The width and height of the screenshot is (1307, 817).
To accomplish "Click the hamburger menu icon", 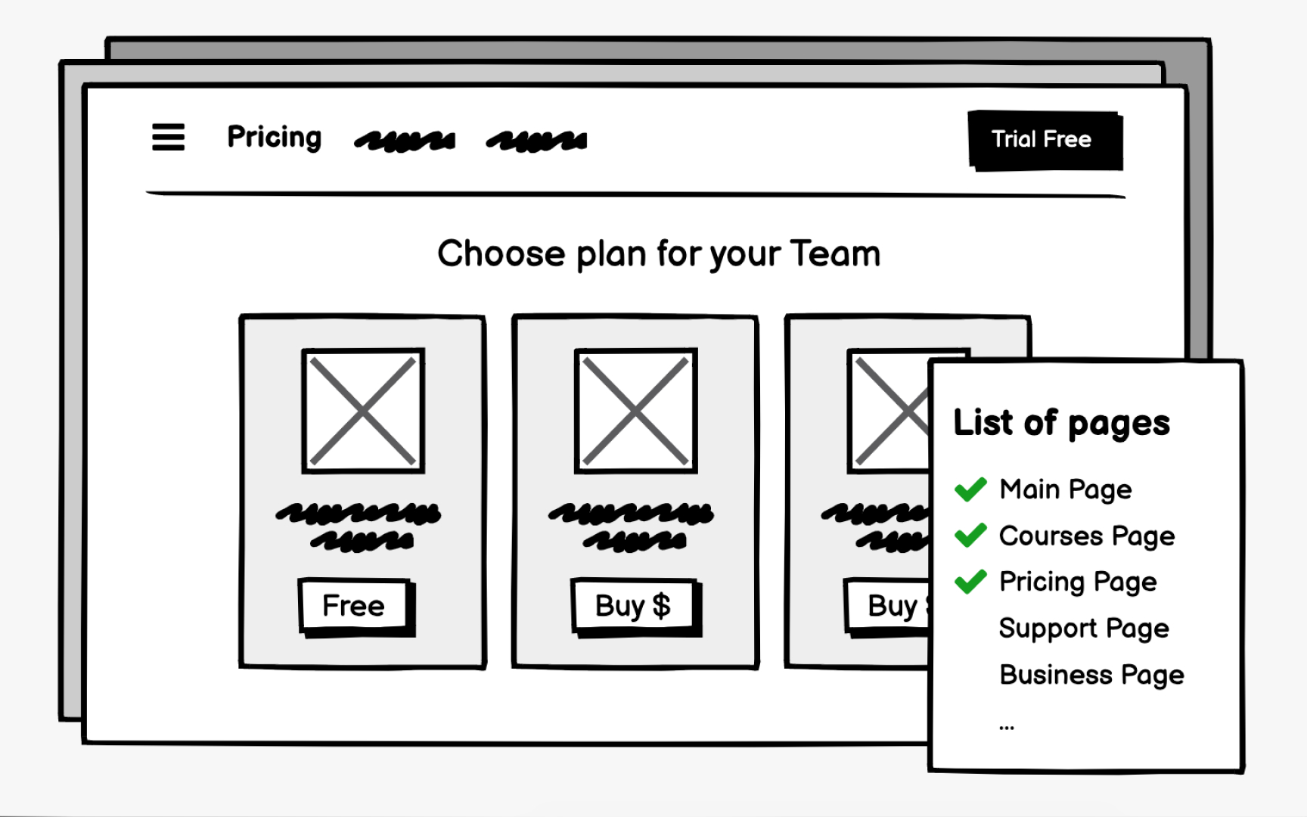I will (x=168, y=137).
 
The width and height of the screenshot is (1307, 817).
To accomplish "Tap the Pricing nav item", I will (x=275, y=137).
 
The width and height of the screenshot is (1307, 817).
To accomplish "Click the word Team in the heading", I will (x=835, y=253).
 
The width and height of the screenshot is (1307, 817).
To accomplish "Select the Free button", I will (x=354, y=605).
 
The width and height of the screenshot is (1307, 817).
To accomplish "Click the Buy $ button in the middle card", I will (x=633, y=605).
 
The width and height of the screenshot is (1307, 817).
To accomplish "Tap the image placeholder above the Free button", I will (x=363, y=411).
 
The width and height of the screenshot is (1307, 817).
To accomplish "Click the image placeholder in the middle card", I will (x=635, y=411).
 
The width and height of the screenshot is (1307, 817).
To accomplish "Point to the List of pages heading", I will (x=1061, y=423).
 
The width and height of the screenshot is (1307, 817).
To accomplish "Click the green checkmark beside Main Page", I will (x=970, y=489).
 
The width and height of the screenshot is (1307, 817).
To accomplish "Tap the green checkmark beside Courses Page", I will (x=970, y=536).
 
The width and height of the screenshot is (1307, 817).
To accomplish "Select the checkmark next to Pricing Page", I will (x=970, y=582).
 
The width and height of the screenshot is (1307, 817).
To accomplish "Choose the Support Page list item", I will (x=1084, y=629).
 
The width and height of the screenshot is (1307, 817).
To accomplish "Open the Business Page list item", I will (x=1091, y=675).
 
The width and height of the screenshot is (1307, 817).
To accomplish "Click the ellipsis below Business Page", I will (x=1006, y=727).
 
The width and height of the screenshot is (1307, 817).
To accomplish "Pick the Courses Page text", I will (x=1087, y=536).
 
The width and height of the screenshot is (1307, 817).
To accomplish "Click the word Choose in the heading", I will (x=501, y=253).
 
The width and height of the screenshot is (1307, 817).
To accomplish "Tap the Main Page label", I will (x=1066, y=489).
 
